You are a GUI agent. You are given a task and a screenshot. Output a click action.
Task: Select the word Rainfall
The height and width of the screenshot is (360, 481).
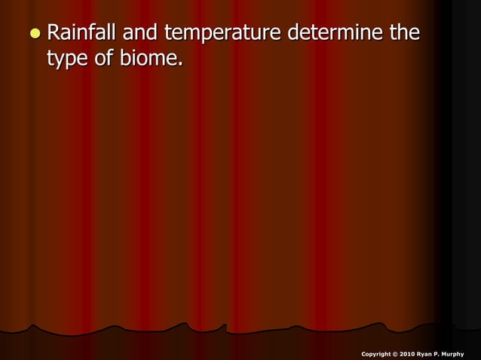(78, 34)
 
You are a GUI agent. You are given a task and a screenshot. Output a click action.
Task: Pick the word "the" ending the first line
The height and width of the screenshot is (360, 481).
(401, 34)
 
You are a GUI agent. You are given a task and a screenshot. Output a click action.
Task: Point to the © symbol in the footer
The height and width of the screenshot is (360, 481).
(397, 353)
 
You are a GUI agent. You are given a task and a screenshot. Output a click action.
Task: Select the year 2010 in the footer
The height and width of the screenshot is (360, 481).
(409, 353)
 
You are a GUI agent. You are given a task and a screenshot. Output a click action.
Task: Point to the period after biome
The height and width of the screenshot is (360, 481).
(180, 63)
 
